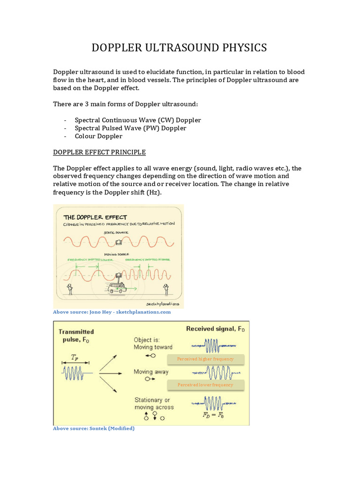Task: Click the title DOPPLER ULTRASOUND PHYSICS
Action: point(179,47)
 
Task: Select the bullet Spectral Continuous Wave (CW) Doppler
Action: point(138,120)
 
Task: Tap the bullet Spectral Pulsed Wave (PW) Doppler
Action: point(130,128)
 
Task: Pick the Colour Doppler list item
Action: point(98,136)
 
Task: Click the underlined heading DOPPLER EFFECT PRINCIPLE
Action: point(99,152)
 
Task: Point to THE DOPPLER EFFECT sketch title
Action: point(95,217)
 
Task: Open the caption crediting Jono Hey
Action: point(112,312)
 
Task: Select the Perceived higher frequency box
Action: point(205,359)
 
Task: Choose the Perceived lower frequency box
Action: point(205,385)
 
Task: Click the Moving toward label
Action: point(153,347)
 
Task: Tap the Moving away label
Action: point(151,372)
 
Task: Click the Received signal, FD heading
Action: point(215,329)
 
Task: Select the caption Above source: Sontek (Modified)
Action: point(94,428)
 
